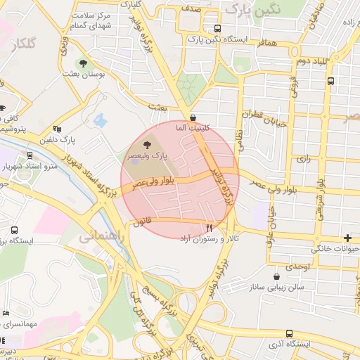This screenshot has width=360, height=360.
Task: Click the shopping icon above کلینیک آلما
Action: click(x=193, y=117)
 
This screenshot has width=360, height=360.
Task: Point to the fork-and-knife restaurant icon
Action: click(x=209, y=227)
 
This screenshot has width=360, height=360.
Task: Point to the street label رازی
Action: click(x=303, y=159)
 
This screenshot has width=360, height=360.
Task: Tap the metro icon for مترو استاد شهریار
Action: click(x=30, y=155)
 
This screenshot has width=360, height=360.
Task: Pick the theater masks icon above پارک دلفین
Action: click(x=57, y=128)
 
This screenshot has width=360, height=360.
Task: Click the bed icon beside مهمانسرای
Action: click(x=7, y=312)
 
